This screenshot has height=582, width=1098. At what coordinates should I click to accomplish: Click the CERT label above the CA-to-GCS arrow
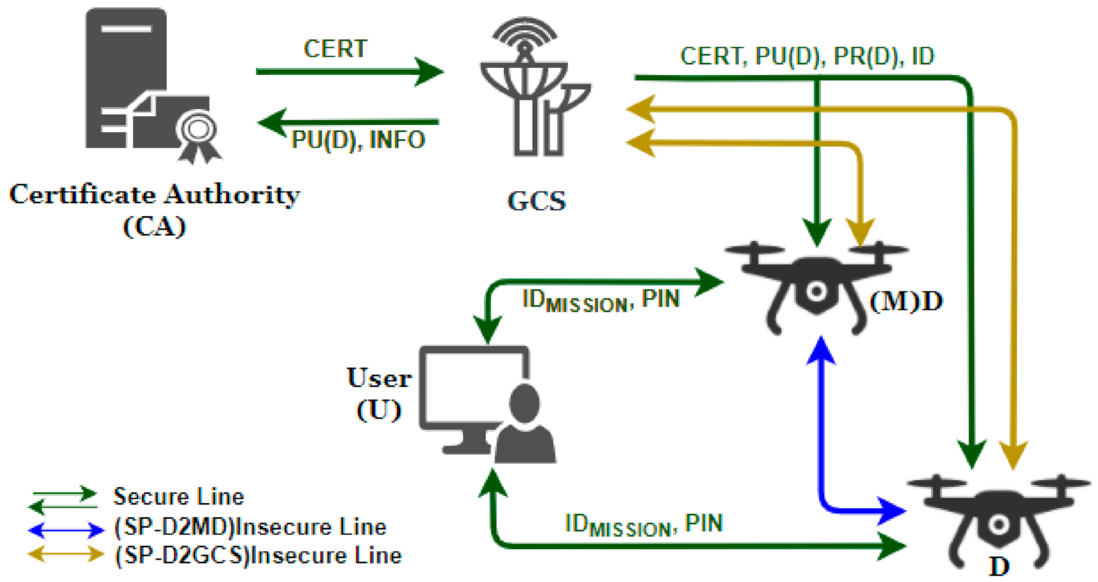335,49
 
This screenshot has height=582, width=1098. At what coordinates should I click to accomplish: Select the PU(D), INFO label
358,140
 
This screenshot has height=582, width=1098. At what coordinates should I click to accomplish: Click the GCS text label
536,201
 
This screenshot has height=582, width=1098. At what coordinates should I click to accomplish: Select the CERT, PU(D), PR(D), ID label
807,56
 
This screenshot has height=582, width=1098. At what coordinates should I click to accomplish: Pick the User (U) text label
379,393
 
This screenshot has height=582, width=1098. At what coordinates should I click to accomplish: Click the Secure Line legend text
178,497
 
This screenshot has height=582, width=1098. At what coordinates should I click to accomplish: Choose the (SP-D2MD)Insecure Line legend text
250,527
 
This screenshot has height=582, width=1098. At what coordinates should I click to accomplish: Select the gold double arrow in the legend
66,555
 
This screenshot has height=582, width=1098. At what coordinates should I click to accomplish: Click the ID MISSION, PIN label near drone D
644,525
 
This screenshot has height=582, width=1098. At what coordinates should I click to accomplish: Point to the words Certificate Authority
154,194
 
